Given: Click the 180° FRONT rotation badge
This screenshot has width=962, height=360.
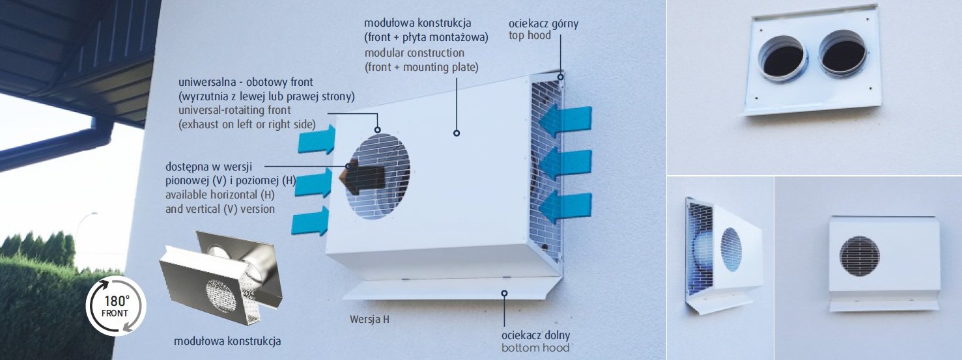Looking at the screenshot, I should [116, 306].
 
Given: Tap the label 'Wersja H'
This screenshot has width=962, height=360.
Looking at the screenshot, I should [369, 320].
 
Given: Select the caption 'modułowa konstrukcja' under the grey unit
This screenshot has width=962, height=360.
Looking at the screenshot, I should [227, 341].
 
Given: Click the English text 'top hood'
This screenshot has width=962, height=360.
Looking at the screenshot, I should [530, 35].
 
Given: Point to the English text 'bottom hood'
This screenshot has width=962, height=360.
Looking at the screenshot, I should [535, 348].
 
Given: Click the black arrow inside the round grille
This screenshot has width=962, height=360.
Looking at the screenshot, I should [362, 178].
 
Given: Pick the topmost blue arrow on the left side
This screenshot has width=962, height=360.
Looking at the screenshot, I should [317, 139].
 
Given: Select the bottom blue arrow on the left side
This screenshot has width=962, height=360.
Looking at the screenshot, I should [311, 221].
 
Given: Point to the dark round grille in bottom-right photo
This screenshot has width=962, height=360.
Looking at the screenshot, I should [859, 256].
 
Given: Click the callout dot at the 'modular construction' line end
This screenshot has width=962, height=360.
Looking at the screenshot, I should [457, 133].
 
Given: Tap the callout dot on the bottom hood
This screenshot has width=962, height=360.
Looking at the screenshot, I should [504, 294].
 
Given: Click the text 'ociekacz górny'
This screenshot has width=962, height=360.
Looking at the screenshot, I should [543, 23].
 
